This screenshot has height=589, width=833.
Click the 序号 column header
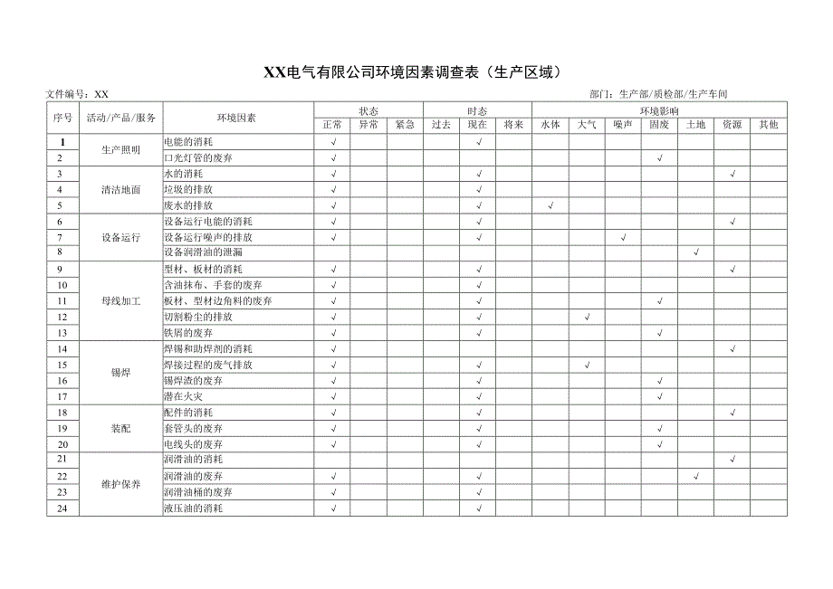click(x=62, y=118)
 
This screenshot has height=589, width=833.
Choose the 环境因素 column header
click(x=236, y=118)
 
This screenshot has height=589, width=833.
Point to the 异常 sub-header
click(x=369, y=125)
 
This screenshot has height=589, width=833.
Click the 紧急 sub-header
click(x=405, y=125)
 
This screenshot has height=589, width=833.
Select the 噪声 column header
click(x=623, y=125)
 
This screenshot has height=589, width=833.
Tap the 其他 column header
click(x=769, y=125)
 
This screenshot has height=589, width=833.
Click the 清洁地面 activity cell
click(x=121, y=190)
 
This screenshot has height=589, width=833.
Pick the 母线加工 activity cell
click(x=121, y=301)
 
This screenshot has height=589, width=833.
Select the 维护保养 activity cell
click(x=121, y=484)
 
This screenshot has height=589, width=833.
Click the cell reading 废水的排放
click(x=188, y=205)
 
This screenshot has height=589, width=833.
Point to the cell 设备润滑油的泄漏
click(x=203, y=252)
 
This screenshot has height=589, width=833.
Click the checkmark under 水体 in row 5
click(x=551, y=205)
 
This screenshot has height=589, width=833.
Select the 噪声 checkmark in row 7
click(x=623, y=237)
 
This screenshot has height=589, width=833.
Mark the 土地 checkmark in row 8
click(x=696, y=252)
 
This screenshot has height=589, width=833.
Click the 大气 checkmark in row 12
click(x=588, y=317)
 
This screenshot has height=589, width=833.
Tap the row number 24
click(x=62, y=508)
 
